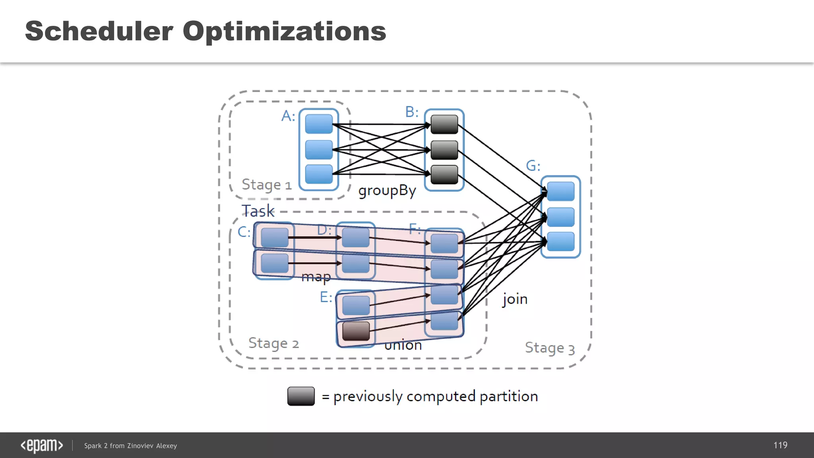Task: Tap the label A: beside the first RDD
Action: tap(288, 116)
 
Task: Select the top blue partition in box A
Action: tap(319, 124)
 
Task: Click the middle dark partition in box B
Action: tap(444, 150)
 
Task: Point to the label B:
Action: tap(412, 112)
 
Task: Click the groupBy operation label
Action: tap(387, 191)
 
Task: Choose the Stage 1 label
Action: tap(266, 185)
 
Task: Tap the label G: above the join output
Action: tap(533, 166)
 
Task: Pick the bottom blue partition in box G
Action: tap(560, 241)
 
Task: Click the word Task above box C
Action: tap(258, 211)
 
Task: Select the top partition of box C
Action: tap(275, 238)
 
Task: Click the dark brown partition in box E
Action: tap(356, 331)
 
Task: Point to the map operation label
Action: tap(316, 276)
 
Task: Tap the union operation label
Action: tap(403, 345)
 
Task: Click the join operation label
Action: tap(515, 299)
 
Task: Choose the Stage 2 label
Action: tap(273, 343)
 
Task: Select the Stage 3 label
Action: tap(550, 348)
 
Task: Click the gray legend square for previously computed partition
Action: tap(301, 396)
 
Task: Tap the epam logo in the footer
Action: tap(42, 446)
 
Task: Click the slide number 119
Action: tap(780, 445)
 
